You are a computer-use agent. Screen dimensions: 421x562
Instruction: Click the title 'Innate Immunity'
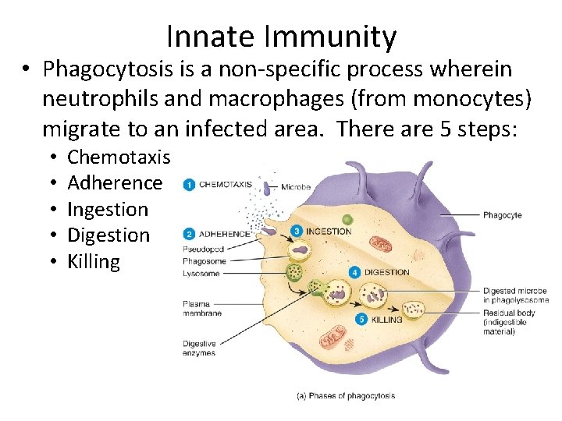281,37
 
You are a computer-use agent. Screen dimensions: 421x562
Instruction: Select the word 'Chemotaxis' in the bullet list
119,157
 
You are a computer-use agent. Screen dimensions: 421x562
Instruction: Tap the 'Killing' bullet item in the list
94,261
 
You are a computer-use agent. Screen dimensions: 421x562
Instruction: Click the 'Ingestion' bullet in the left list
108,209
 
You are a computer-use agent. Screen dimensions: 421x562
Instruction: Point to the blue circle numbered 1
189,185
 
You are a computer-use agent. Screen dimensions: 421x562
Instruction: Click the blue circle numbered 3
296,231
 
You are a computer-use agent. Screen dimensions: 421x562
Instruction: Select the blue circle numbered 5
361,319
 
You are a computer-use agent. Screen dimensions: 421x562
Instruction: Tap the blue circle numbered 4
354,272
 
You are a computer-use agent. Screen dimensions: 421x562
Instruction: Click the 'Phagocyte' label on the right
502,215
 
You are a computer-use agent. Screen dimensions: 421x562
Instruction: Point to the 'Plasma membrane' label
202,309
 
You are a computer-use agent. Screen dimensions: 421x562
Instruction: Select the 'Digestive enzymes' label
200,348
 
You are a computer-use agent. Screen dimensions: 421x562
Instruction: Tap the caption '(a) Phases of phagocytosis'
346,395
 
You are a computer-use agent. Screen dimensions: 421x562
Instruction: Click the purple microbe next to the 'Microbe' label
265,187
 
